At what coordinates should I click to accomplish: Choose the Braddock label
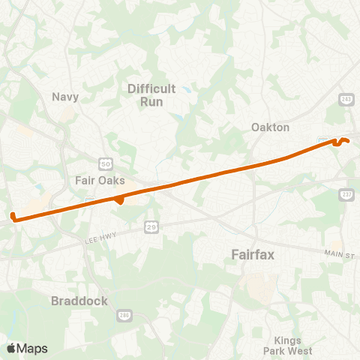point(79,301)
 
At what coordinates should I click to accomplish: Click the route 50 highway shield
point(105,163)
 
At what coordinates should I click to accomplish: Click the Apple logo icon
point(12,348)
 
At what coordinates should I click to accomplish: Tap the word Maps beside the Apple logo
point(32,348)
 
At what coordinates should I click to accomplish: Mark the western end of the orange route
point(13,218)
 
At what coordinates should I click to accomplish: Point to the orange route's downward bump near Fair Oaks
point(119,201)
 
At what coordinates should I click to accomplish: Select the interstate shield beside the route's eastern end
point(325,139)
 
